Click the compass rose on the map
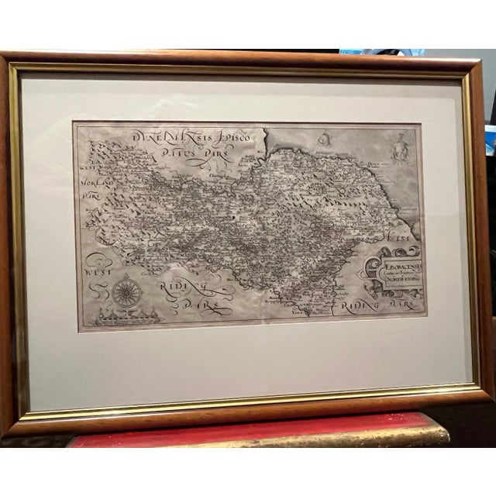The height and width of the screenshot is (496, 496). (x=126, y=293)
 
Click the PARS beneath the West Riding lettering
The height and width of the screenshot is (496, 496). (x=203, y=308)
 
